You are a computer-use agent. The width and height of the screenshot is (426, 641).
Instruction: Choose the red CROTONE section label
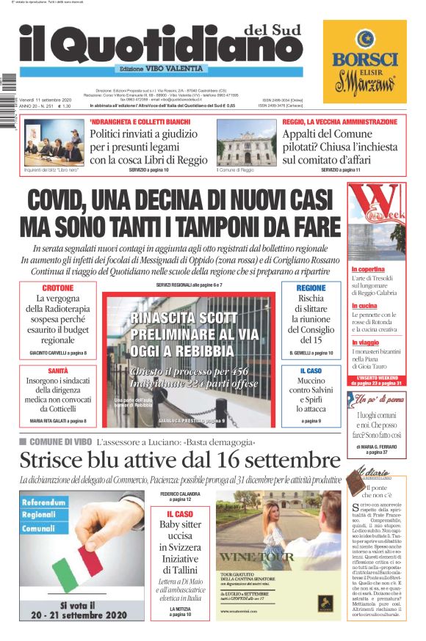(58, 288)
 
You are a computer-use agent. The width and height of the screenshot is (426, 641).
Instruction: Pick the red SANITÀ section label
(58, 370)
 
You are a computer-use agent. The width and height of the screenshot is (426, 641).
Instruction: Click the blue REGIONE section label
(311, 288)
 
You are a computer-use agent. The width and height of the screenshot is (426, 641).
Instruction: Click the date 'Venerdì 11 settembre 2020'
(46, 100)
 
